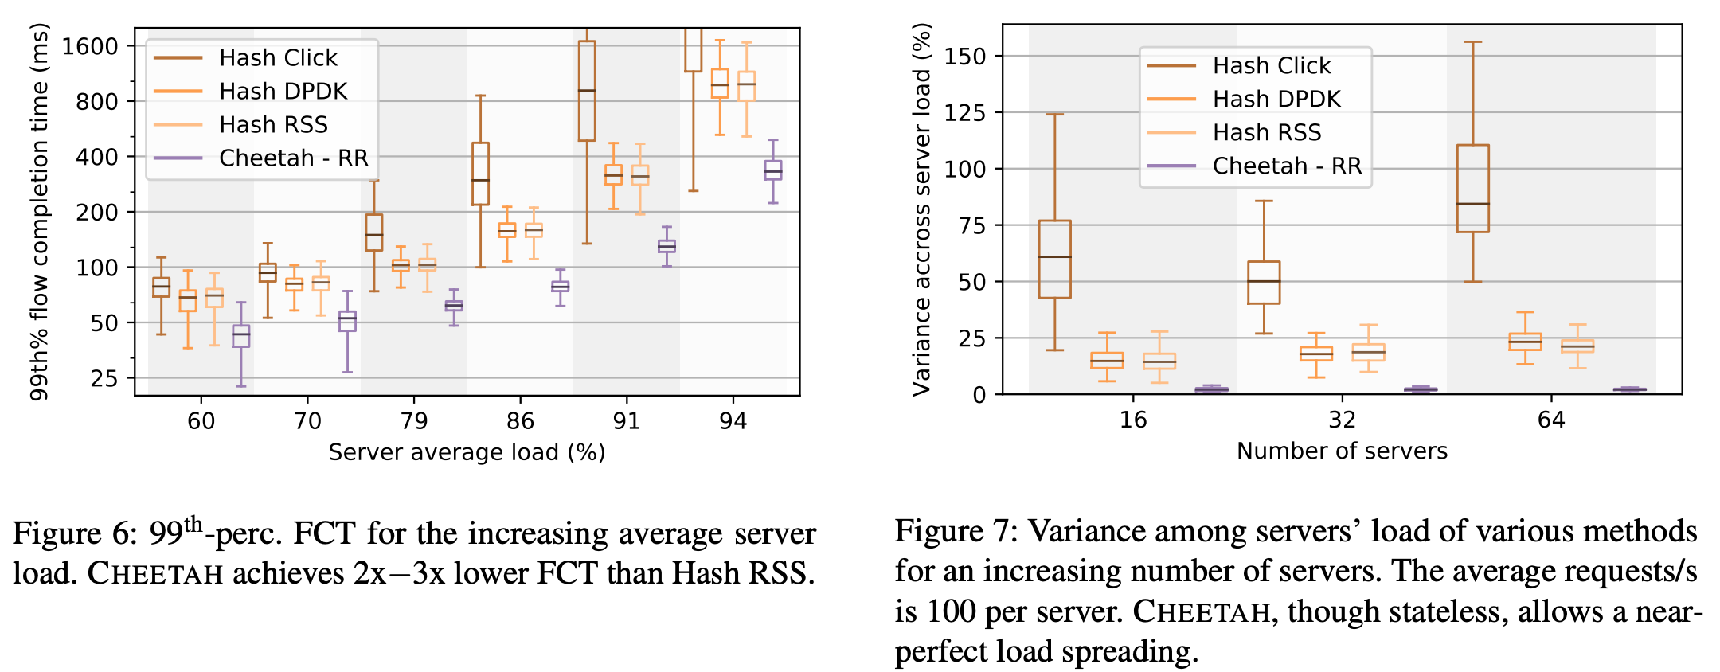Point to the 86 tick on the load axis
[520, 420]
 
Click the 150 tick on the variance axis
[964, 57]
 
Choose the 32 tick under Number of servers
[1342, 420]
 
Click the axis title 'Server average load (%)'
[467, 452]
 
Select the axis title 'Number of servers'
[1342, 451]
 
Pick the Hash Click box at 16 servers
[1055, 259]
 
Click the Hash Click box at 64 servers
[1472, 189]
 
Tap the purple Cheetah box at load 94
[772, 170]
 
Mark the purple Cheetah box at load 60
[240, 335]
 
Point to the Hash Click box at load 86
[480, 174]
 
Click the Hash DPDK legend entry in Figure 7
[1276, 99]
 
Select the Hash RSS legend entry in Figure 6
[273, 125]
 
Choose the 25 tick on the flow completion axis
[104, 378]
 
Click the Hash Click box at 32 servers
[1264, 283]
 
